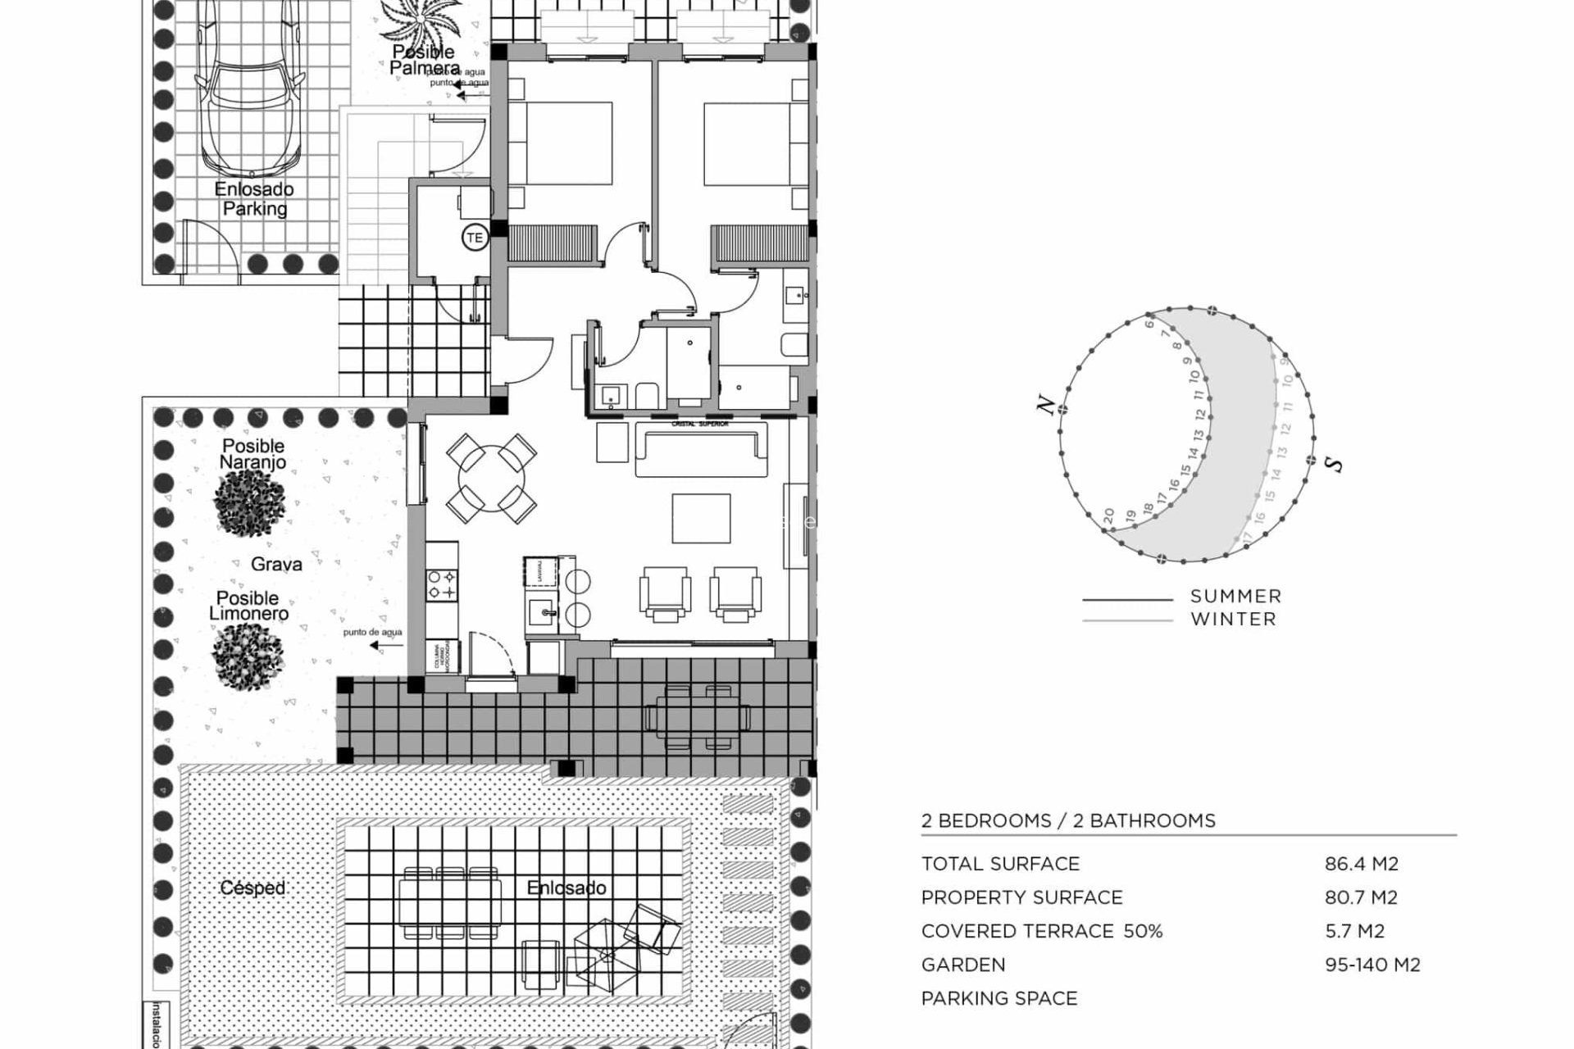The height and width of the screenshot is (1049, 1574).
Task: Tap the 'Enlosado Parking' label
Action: [x=254, y=199]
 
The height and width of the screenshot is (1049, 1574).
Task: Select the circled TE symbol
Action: [x=475, y=238]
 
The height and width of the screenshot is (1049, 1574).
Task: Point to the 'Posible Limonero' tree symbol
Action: [x=248, y=655]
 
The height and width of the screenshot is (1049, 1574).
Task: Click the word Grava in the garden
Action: [x=276, y=564]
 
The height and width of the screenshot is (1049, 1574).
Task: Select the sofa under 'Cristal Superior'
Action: [x=701, y=452]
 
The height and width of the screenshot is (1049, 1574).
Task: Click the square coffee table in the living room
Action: [x=701, y=518]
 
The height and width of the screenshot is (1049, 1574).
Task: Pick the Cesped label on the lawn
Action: [x=252, y=888]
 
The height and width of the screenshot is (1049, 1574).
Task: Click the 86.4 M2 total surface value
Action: [x=1361, y=864]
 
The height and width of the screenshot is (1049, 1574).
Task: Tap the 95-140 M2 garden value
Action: [x=1372, y=965]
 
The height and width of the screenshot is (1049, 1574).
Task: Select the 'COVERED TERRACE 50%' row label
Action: [x=1041, y=931]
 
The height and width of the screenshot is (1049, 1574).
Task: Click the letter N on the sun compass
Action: [x=1045, y=405]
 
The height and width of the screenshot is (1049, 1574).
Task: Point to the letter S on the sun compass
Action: [x=1335, y=465]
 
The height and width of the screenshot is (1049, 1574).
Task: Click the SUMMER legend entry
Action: [x=1235, y=597]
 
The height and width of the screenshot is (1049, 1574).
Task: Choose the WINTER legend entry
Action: [x=1233, y=620]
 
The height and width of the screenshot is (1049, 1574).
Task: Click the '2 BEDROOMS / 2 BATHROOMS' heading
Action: [x=1067, y=820]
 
